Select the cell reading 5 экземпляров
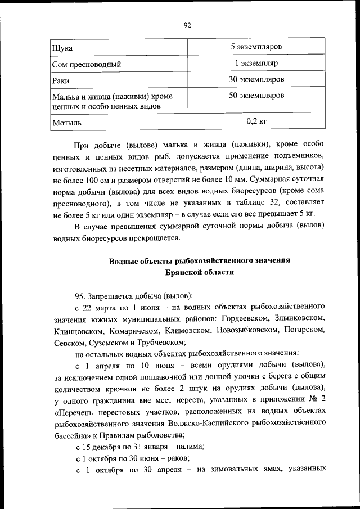click(x=256, y=46)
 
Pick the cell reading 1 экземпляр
click(x=256, y=63)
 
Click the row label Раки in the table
click(x=61, y=81)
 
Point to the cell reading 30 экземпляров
click(x=256, y=79)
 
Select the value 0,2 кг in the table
click(x=256, y=120)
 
